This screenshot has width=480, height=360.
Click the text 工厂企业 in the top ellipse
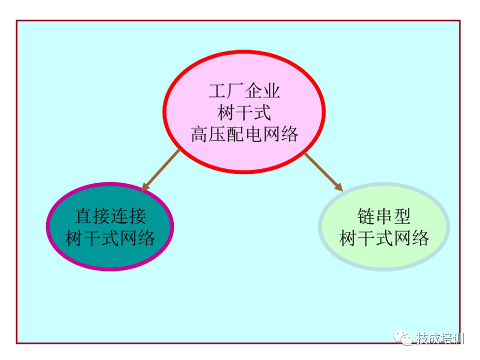[244, 92]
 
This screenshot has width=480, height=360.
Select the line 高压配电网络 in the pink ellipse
[244, 134]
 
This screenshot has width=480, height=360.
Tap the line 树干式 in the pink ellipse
[244, 113]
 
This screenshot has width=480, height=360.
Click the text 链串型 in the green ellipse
[384, 216]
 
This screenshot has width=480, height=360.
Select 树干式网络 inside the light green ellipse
[384, 237]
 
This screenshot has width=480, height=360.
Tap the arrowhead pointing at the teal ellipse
[144, 188]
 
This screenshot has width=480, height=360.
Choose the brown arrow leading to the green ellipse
[322, 170]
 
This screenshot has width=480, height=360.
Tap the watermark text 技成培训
[440, 338]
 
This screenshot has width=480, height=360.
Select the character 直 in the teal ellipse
[83, 216]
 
